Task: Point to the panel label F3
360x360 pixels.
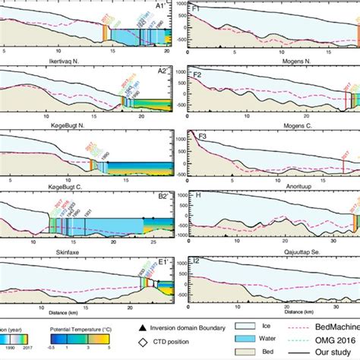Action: click(x=197, y=140)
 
